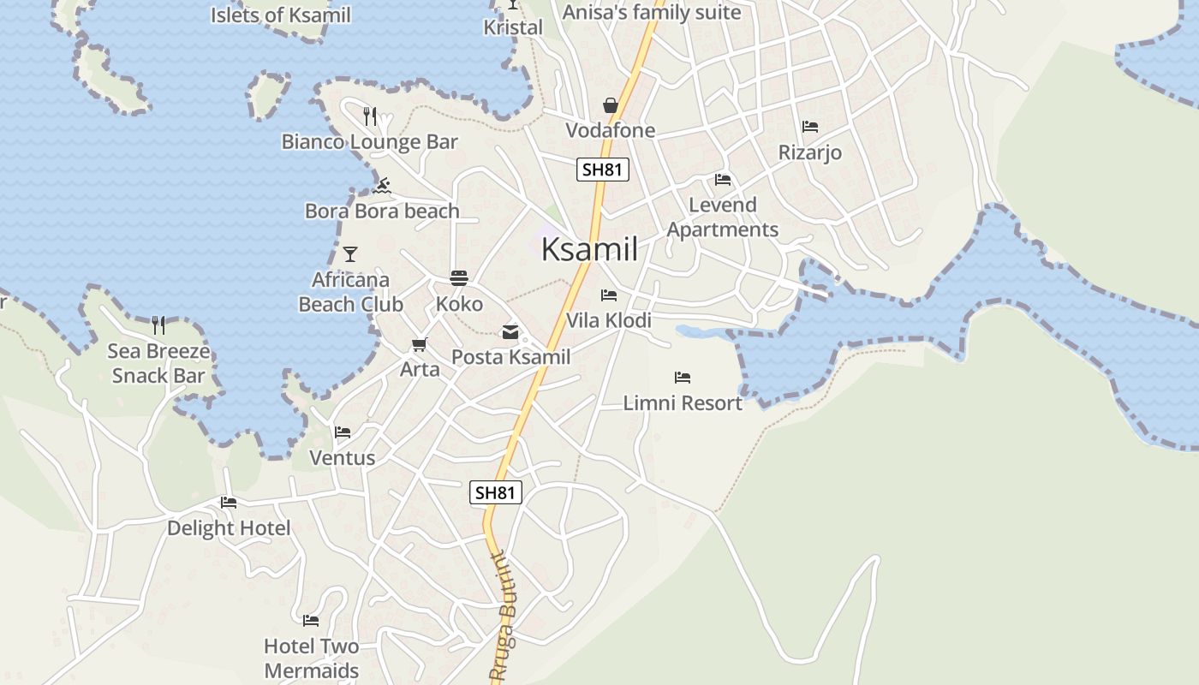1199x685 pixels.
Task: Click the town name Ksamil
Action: [x=589, y=250]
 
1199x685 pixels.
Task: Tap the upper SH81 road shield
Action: [x=602, y=170]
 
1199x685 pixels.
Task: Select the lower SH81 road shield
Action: [x=496, y=492]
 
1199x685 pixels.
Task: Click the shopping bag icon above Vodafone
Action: [x=611, y=105]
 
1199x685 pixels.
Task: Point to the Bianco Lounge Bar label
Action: [x=370, y=142]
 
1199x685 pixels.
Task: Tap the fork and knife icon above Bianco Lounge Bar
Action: [x=370, y=116]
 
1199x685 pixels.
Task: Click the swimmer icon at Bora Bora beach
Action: [x=382, y=186]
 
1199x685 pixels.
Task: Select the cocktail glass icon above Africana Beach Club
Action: [x=349, y=254]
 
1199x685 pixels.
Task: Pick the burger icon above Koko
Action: [x=459, y=278]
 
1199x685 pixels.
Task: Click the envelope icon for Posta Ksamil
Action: [x=510, y=332]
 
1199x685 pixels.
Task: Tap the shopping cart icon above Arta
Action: [x=419, y=344]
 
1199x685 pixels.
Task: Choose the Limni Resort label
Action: [x=683, y=403]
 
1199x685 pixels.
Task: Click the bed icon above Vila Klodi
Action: [x=609, y=295]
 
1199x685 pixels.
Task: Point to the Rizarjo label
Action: [x=809, y=153]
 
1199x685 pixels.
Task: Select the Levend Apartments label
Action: [x=723, y=217]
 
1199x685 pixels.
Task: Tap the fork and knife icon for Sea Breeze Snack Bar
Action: [x=158, y=325]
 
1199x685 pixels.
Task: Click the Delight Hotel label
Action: [x=229, y=528]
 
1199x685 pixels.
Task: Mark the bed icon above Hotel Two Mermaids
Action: [x=311, y=620]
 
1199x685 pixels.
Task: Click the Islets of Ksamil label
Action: [x=281, y=15]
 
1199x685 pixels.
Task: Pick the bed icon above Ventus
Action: [x=343, y=432]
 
